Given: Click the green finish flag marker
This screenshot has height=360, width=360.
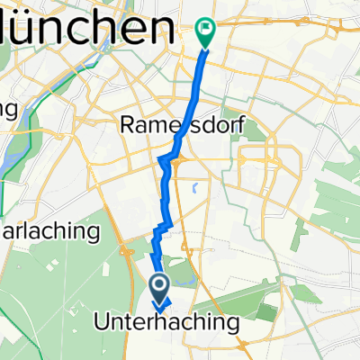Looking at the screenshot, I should [205, 33].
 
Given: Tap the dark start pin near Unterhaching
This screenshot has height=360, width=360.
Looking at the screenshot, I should [160, 290].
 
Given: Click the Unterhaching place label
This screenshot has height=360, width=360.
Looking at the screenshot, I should [166, 322].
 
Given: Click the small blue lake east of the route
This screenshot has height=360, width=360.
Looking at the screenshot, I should [194, 190].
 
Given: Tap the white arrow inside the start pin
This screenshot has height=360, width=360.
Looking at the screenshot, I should [160, 287].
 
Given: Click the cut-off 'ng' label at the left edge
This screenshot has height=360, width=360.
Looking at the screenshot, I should [9, 110].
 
